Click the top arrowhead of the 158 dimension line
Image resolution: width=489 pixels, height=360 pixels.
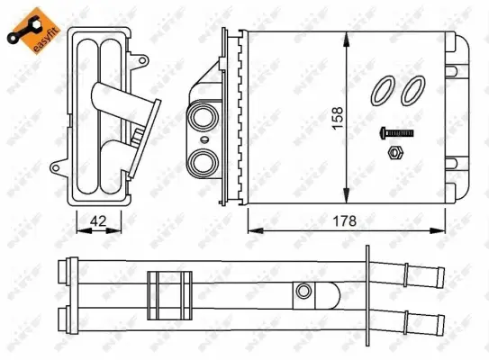347,36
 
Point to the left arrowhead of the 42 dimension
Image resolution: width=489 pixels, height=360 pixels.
73,229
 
